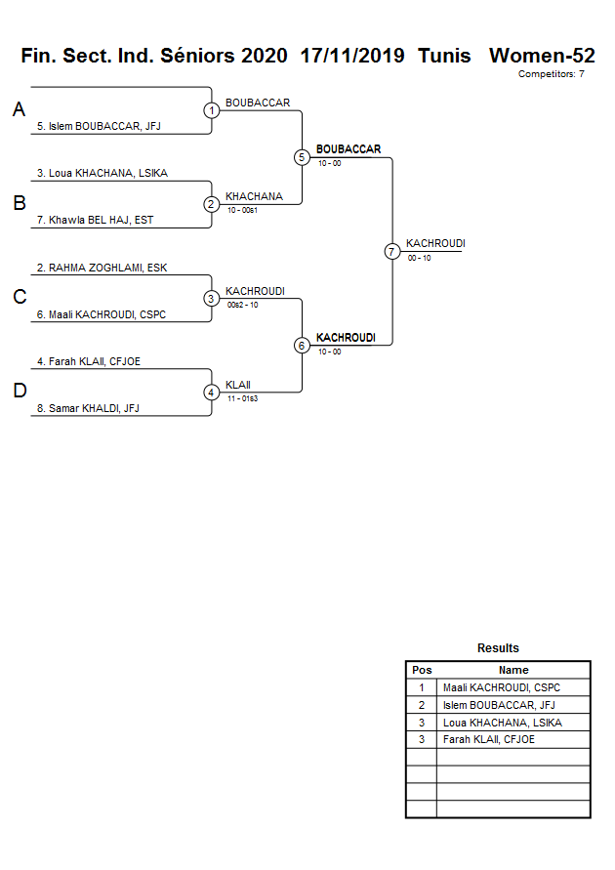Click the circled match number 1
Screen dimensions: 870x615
tap(212, 110)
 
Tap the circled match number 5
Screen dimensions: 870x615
tap(302, 157)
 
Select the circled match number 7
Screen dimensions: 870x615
tap(392, 251)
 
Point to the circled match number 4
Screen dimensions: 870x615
tap(212, 393)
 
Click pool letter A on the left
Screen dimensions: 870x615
tap(19, 110)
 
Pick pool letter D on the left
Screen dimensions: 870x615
tap(19, 392)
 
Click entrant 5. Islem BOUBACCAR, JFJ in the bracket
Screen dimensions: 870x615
tap(98, 126)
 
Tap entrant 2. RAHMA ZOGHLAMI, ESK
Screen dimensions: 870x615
tap(102, 268)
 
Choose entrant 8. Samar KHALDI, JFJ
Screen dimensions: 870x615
tap(88, 408)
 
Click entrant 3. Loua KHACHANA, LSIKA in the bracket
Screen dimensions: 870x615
tap(102, 173)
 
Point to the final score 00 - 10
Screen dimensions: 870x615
tap(420, 258)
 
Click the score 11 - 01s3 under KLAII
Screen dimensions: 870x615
tap(241, 398)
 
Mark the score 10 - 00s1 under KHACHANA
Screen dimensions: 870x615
tap(241, 210)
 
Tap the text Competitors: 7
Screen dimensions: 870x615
tap(551, 74)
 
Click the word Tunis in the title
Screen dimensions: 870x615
tap(444, 56)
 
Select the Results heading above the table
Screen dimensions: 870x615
tap(498, 648)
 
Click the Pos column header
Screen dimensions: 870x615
tap(422, 670)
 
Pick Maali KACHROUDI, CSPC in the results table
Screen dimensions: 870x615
tap(501, 687)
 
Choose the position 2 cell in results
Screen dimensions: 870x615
tap(422, 705)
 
